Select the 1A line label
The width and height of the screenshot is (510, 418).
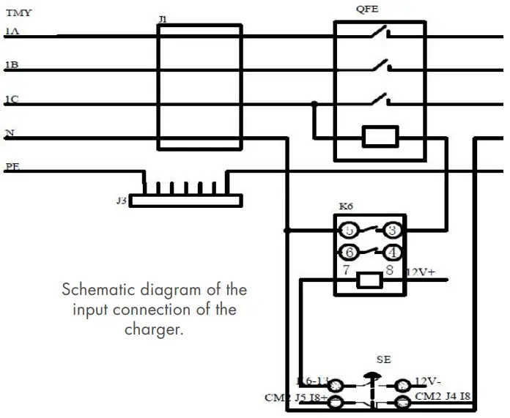click(x=12, y=31)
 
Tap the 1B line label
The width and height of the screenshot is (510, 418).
click(x=12, y=65)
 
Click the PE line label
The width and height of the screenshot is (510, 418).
click(x=12, y=167)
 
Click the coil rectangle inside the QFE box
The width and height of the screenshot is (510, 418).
click(x=380, y=136)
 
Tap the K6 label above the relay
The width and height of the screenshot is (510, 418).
click(x=347, y=207)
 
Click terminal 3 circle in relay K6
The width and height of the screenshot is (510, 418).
click(x=393, y=231)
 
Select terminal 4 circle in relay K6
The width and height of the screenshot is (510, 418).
click(x=393, y=253)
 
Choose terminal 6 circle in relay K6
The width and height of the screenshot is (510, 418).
click(x=349, y=253)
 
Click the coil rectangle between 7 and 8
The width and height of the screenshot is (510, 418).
click(x=370, y=279)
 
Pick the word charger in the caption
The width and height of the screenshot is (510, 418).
click(x=153, y=330)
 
